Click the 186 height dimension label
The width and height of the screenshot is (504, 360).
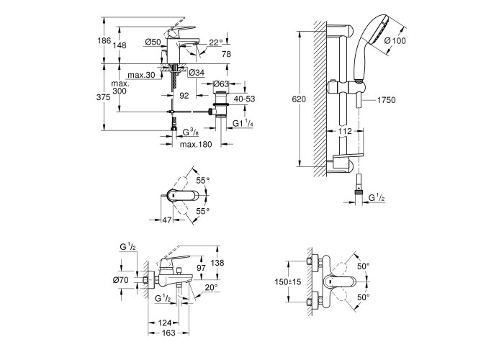tap(104, 40)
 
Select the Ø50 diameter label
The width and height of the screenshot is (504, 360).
tap(153, 42)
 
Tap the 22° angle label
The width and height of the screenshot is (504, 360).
tap(216, 42)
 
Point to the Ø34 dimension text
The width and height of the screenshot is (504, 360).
tap(197, 73)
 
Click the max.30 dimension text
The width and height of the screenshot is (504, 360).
tap(141, 75)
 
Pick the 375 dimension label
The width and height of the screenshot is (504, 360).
tap(103, 97)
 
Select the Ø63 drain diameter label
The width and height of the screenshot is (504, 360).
tap(221, 84)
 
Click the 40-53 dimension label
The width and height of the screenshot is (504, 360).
tap(244, 99)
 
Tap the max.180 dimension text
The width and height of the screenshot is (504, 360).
tap(196, 145)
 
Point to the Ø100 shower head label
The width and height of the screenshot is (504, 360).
tap(395, 40)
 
